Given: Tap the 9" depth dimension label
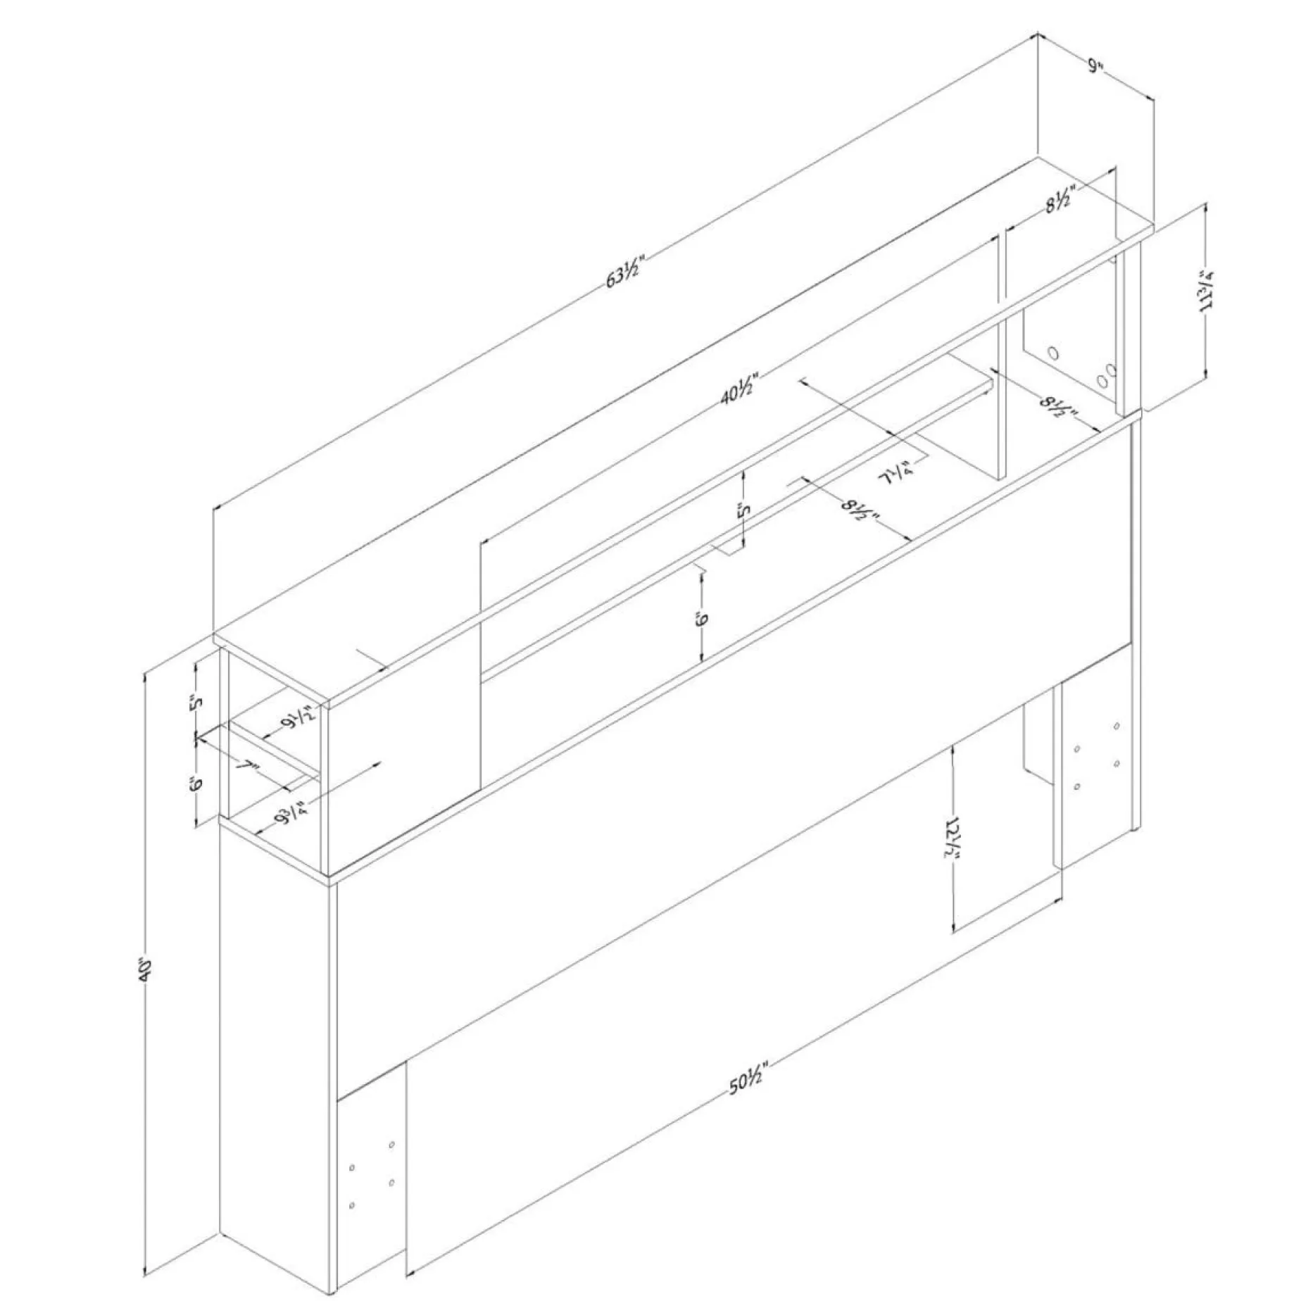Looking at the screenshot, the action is point(1095,66).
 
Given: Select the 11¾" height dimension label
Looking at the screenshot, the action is point(1209,290).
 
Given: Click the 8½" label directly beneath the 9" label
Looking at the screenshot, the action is point(1060,203).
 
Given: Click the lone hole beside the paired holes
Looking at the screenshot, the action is point(1054,351).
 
